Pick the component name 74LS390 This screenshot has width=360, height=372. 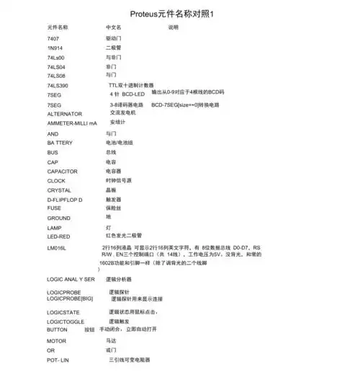(58, 85)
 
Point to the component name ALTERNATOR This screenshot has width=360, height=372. (64, 114)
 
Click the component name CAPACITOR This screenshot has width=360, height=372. (63, 172)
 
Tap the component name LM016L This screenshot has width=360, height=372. (57, 248)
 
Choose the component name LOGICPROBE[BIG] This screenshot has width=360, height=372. (70, 298)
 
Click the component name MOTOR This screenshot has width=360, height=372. (56, 340)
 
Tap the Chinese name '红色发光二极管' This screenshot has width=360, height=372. (124, 235)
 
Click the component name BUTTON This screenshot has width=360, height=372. (57, 329)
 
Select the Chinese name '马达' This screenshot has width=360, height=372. (112, 340)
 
